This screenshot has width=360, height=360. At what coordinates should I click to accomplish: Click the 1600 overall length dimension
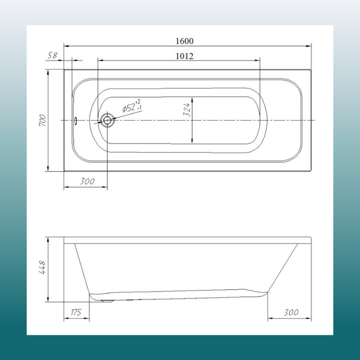[185, 41]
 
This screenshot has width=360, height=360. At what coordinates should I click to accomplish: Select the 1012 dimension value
[185, 56]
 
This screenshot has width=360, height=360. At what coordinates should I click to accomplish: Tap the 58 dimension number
[53, 55]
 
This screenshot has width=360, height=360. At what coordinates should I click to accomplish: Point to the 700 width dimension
[43, 120]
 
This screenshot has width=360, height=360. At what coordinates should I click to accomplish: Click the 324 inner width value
[187, 110]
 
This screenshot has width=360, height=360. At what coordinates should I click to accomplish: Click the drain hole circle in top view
[107, 120]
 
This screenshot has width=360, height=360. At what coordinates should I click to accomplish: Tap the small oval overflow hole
[76, 121]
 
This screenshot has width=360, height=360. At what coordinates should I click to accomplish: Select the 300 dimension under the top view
[87, 181]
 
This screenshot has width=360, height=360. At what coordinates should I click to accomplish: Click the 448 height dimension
[43, 268]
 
